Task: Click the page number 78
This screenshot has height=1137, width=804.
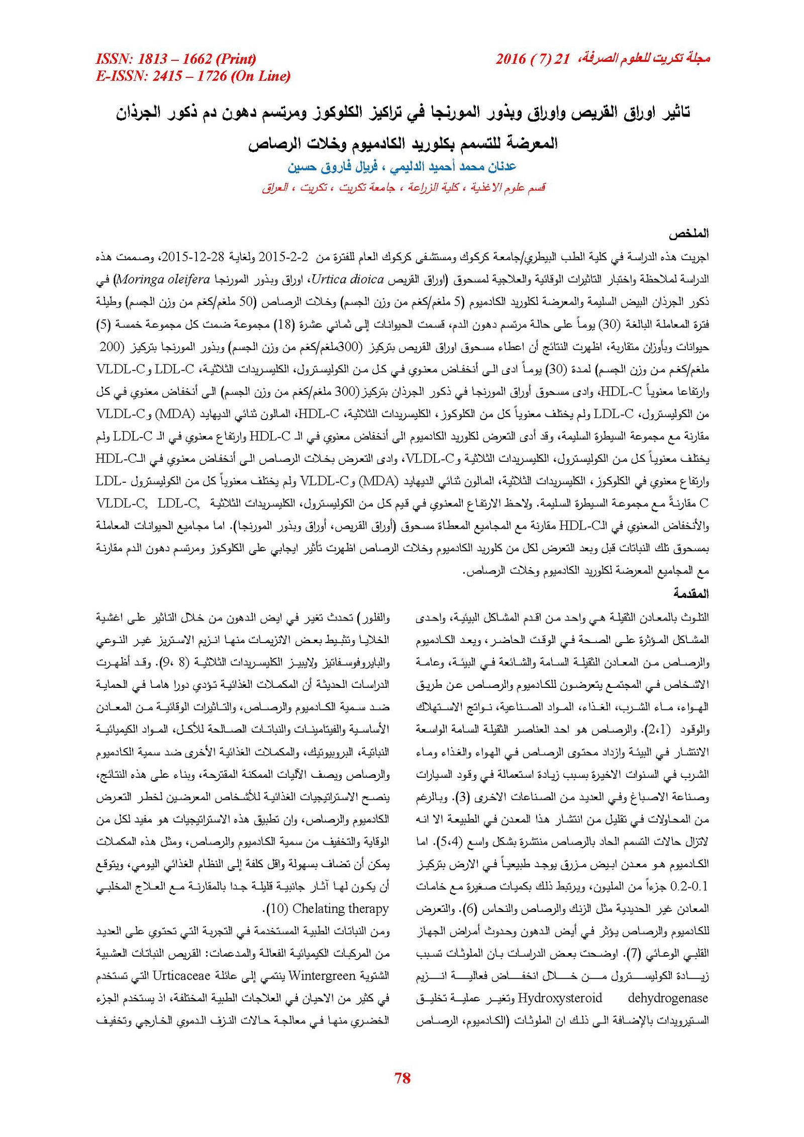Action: pos(403,1077)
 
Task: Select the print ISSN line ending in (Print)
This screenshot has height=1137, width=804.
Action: pos(176,59)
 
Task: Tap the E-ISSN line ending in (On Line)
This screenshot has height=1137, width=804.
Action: pos(193,76)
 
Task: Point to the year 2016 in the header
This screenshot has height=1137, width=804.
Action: pos(511,59)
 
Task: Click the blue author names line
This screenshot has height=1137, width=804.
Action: pos(402,167)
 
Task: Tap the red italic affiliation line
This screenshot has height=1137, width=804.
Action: pos(404,188)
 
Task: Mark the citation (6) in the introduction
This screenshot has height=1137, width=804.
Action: pos(468,909)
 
